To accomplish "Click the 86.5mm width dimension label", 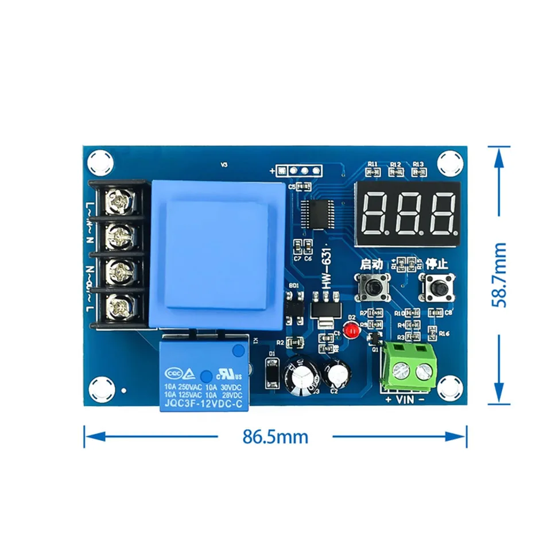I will coord(275,437).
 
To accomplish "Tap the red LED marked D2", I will coord(351,329).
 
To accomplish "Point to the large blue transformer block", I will coord(218,255).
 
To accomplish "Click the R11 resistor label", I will coord(373,164).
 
